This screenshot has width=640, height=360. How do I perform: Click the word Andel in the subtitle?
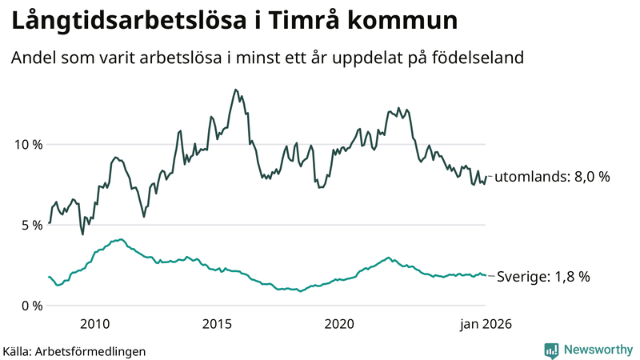coord(33,58)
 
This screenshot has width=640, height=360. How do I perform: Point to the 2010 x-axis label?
coord(94,324)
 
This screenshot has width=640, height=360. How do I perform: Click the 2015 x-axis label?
coord(217,324)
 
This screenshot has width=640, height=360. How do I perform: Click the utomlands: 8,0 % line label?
coord(552,177)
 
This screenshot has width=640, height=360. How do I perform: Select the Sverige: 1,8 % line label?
coord(543,277)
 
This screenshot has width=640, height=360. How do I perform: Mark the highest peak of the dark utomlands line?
coord(235,90)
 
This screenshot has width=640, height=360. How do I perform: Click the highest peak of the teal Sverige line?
coord(120,239)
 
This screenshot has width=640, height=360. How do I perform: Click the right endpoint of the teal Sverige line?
coord(485,275)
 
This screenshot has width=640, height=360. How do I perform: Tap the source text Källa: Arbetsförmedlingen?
coord(74,350)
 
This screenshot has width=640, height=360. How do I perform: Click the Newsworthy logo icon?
coord(551,350)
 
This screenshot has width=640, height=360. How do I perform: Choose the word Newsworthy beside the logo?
coord(598,350)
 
